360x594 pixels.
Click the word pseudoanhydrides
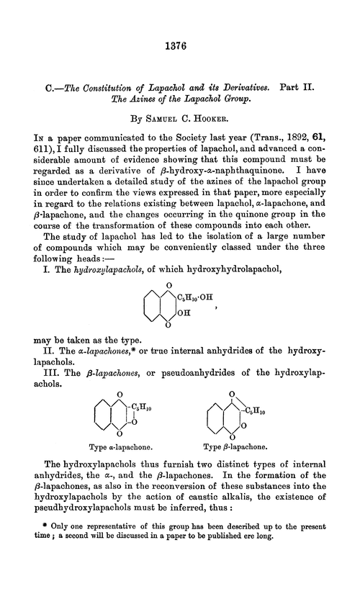(x=179, y=364)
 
